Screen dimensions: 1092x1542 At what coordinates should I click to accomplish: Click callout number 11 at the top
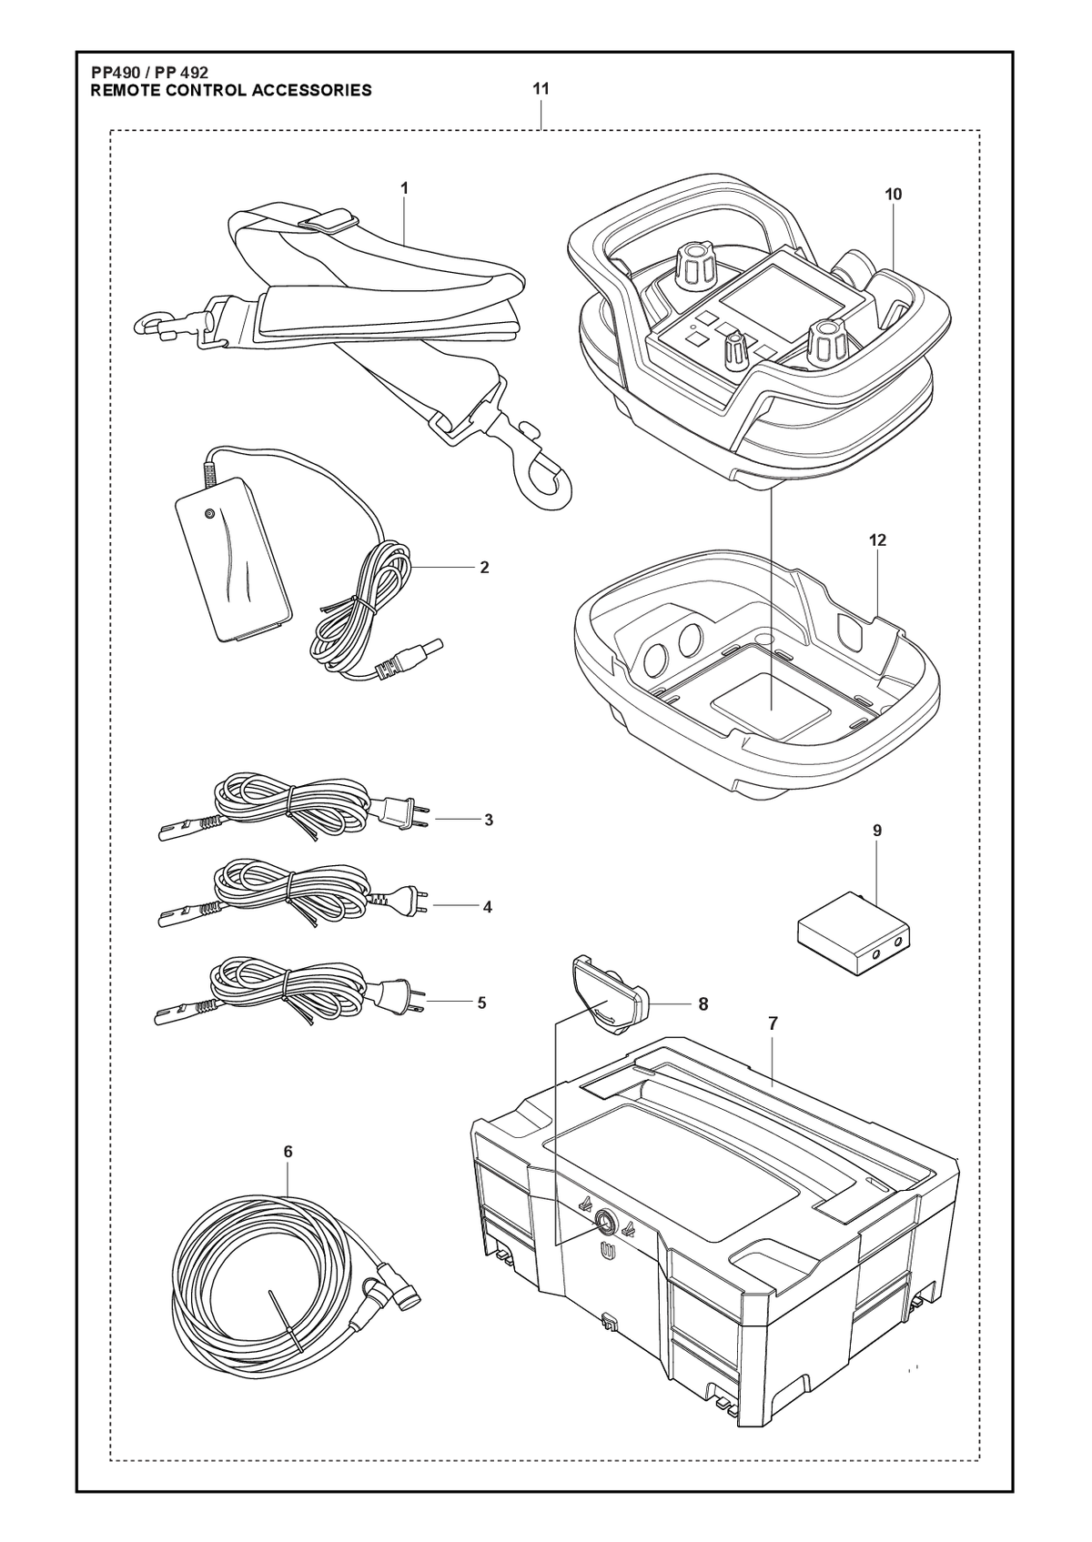[541, 89]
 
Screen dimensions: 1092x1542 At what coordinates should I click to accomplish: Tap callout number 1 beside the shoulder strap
[404, 188]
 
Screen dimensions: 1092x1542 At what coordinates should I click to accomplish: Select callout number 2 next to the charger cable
[484, 568]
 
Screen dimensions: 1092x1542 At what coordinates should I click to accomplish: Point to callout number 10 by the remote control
[893, 194]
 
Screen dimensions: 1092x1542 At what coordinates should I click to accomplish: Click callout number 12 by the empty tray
[878, 540]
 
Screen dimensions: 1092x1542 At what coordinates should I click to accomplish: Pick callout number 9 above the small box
[877, 831]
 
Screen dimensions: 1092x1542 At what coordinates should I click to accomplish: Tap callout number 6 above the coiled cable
[288, 1152]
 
